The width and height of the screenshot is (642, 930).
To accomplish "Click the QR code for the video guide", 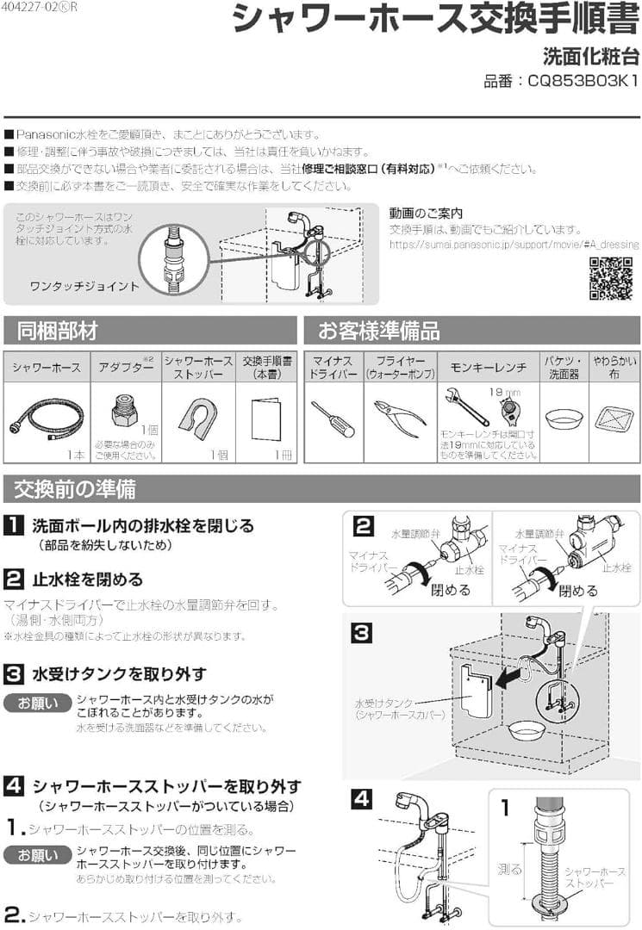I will pyautogui.click(x=610, y=278).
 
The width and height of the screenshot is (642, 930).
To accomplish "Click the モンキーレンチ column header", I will pyautogui.click(x=488, y=368).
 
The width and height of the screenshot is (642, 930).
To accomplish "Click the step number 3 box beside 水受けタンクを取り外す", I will pyautogui.click(x=14, y=673).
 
